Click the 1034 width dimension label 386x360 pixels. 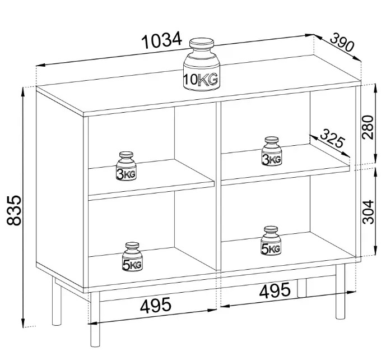(162, 40)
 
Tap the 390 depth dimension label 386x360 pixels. (342, 42)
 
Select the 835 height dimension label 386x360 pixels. (14, 210)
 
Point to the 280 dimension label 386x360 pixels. (368, 127)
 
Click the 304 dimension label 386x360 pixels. (368, 212)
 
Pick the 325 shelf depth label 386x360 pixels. (332, 139)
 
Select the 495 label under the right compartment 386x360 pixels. (275, 290)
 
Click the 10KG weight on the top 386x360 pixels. (201, 64)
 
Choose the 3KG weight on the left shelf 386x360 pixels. (126, 166)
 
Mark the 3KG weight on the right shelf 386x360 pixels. (271, 151)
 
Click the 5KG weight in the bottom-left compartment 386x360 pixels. (132, 256)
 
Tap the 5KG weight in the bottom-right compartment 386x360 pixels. (271, 241)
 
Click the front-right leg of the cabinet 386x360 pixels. (340, 291)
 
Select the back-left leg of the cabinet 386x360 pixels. (57, 301)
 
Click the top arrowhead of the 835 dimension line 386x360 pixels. (23, 92)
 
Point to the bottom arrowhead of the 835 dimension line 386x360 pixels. (23, 323)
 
